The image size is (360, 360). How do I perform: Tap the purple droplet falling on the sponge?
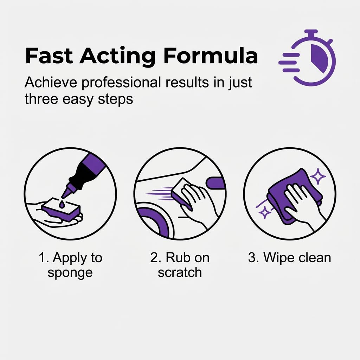tap(62, 204)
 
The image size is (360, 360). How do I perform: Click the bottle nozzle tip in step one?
tap(65, 193)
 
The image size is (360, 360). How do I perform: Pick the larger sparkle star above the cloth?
tap(319, 177)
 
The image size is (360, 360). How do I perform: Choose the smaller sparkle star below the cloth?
tap(264, 213)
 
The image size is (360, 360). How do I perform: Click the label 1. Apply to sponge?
tap(70, 265)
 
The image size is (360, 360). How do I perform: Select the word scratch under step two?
tap(180, 272)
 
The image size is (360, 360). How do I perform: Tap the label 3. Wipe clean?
tap(289, 258)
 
